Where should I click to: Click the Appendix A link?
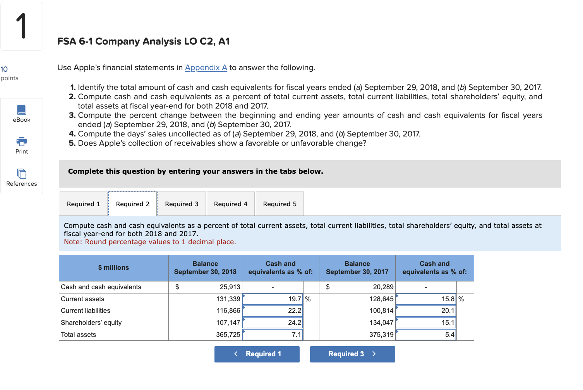pos(206,68)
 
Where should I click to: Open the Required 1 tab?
pos(83,204)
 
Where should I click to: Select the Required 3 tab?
pos(182,204)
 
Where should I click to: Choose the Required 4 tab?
pos(230,204)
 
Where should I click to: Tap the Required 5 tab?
pos(279,204)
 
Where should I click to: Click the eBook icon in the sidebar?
pos(22,110)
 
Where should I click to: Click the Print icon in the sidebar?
pos(22,142)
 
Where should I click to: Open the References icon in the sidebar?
pos(22,174)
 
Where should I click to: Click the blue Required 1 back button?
pos(257,354)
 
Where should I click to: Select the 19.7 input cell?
pos(273,299)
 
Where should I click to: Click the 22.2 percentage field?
pos(273,311)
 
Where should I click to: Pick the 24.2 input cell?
pos(273,323)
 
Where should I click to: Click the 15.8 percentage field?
pos(426,299)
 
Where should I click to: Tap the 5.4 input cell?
pos(426,335)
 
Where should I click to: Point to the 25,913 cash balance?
pos(230,287)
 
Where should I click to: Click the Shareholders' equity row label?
pos(91,323)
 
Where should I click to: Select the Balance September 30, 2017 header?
pos(357,267)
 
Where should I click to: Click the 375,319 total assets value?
pos(381,335)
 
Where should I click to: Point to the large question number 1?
pos(22,26)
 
